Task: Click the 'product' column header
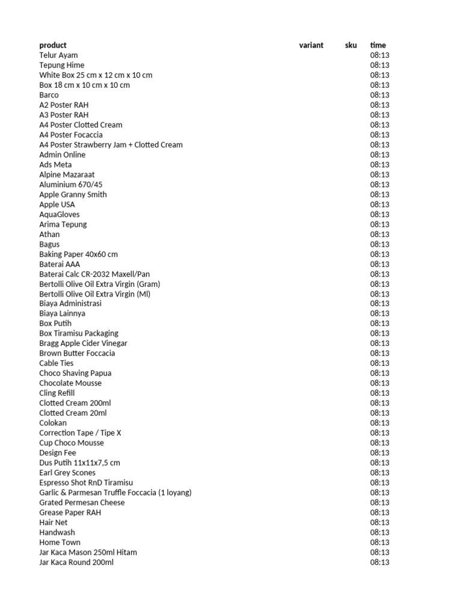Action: [x=53, y=45]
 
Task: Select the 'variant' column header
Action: [x=311, y=45]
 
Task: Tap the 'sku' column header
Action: [x=351, y=45]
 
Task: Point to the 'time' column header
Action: [x=378, y=45]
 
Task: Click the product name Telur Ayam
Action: [x=58, y=55]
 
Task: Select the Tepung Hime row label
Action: [x=62, y=65]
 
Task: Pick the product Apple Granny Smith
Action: [x=73, y=195]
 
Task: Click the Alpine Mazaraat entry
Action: [x=67, y=174]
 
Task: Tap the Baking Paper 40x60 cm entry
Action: [x=78, y=254]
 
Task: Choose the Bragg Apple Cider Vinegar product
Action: [x=83, y=343]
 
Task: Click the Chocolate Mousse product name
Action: [x=70, y=383]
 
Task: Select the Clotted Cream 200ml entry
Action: [x=75, y=403]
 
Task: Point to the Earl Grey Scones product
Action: [x=67, y=473]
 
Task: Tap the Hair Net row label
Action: [x=54, y=523]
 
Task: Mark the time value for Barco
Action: [x=380, y=95]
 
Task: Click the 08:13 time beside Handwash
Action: [x=380, y=532]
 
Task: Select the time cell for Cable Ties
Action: [x=380, y=363]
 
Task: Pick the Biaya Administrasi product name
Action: [x=70, y=304]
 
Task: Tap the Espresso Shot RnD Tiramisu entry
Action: [x=86, y=483]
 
